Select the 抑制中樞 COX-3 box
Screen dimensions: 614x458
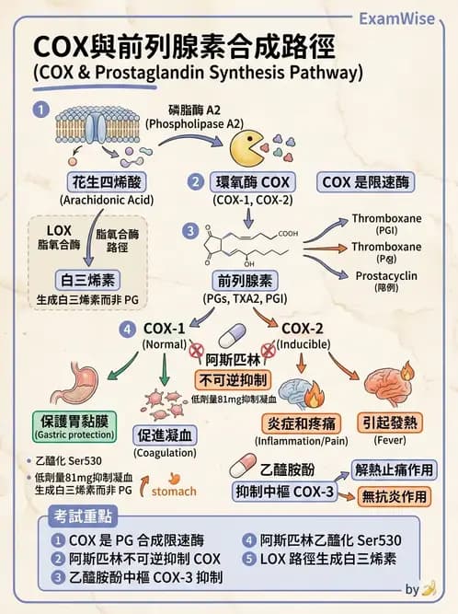286,491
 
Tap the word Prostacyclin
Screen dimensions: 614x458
387,274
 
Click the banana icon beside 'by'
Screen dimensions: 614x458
428,590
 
